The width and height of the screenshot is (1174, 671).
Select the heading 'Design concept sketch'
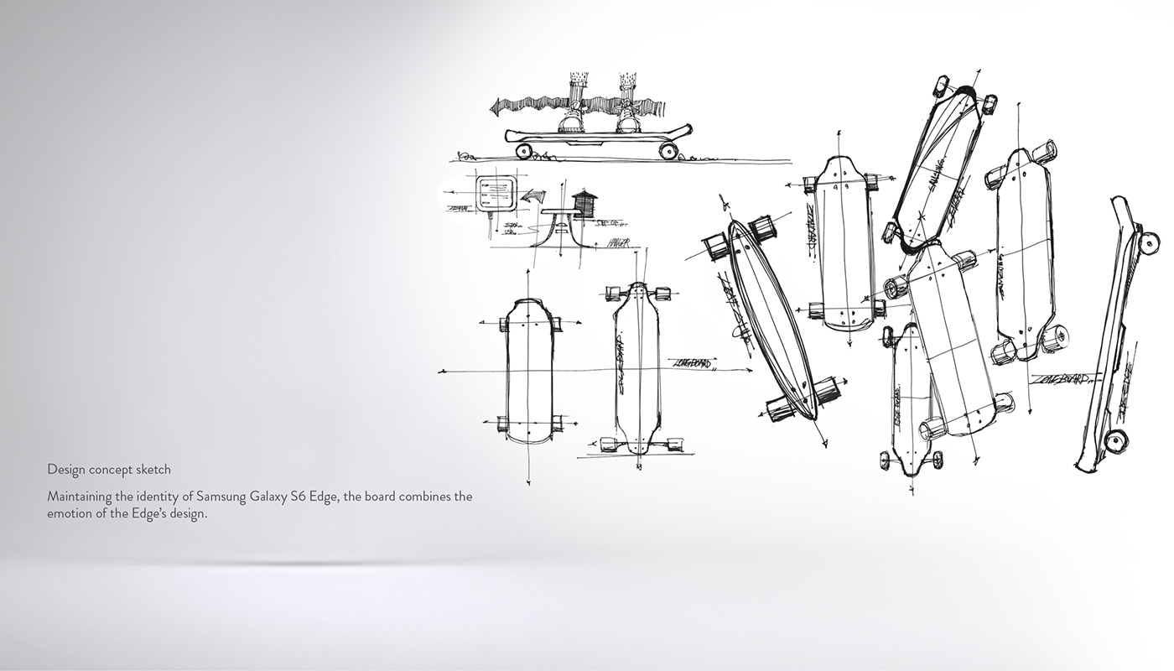[109, 470]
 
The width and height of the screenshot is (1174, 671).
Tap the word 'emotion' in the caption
[70, 513]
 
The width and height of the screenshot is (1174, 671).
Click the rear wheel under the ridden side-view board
[668, 151]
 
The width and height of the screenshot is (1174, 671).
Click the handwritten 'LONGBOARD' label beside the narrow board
[693, 363]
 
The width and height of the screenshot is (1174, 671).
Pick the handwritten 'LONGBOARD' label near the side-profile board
[1060, 379]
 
